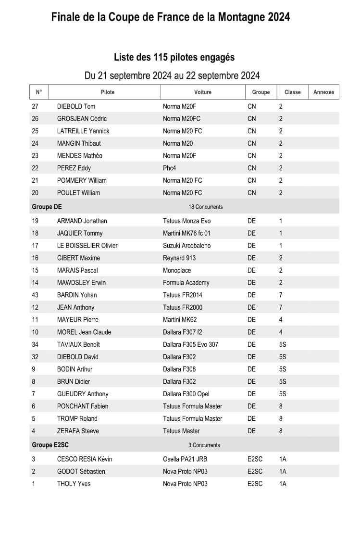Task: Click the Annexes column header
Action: click(x=323, y=92)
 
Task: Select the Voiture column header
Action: click(x=202, y=92)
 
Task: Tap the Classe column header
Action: click(x=292, y=92)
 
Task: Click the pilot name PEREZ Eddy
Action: click(x=74, y=168)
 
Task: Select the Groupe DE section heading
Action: click(x=47, y=207)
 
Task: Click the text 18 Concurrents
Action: click(x=206, y=207)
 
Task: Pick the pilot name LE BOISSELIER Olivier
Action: click(x=87, y=246)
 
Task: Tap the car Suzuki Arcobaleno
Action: click(x=186, y=246)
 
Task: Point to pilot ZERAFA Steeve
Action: click(x=78, y=431)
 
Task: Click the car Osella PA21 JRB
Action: click(x=185, y=459)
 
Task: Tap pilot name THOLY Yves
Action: click(x=74, y=484)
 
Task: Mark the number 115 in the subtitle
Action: click(x=160, y=57)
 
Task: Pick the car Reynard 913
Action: click(x=179, y=258)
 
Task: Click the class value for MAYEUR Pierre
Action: click(x=281, y=320)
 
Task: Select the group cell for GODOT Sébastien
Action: click(x=255, y=472)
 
